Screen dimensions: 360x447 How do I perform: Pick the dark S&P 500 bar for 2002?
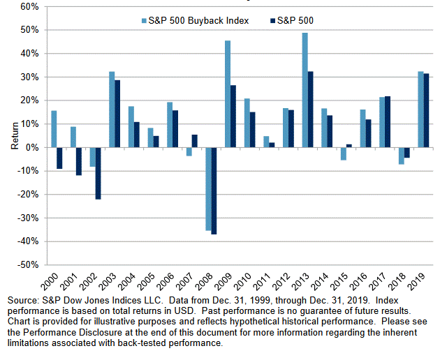98,173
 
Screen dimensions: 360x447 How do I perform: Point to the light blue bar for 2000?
54,129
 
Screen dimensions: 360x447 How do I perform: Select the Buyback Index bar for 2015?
344,153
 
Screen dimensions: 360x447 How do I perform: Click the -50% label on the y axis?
27,265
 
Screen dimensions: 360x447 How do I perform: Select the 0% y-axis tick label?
31,147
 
